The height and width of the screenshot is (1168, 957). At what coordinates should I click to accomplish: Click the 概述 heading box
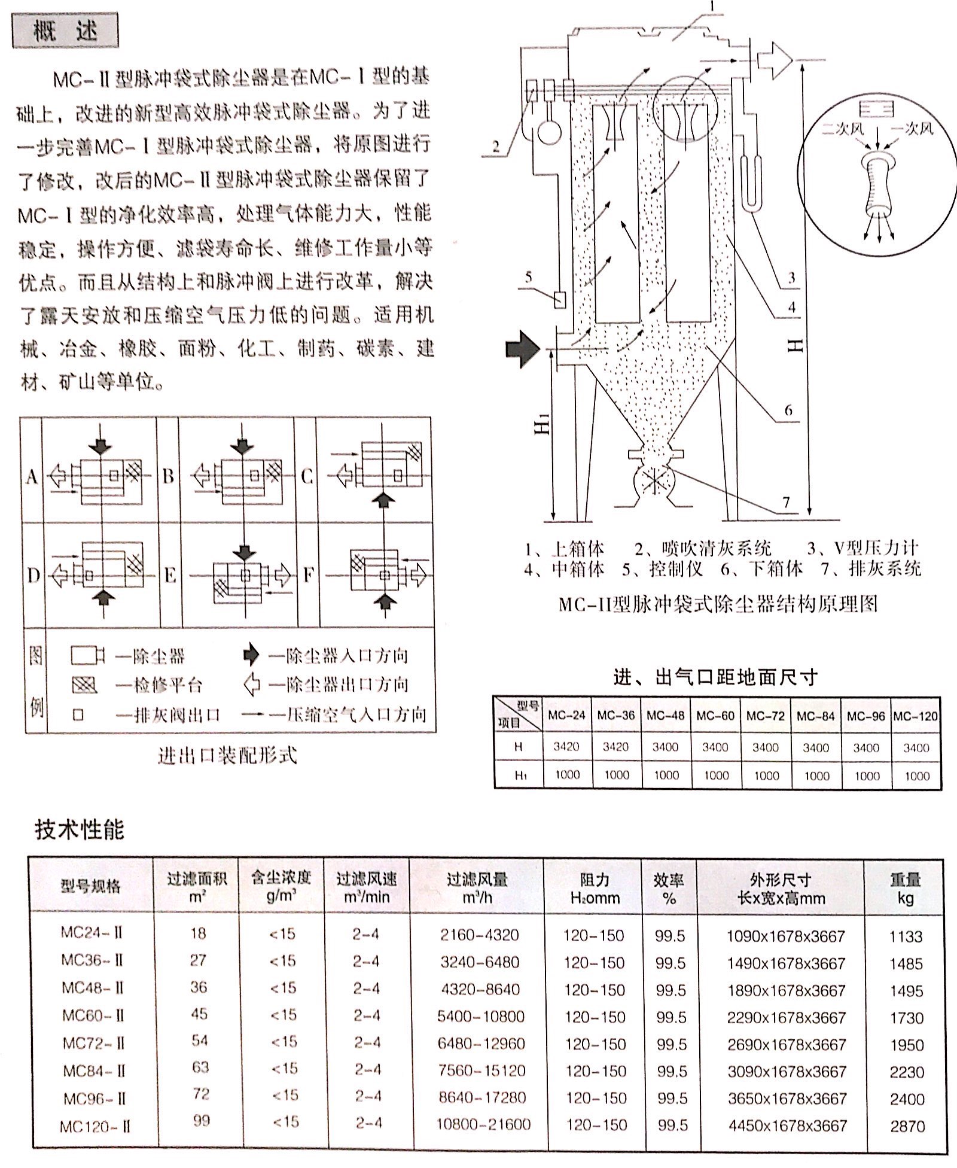point(65,31)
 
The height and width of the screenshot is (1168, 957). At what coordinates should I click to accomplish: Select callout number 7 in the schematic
point(786,502)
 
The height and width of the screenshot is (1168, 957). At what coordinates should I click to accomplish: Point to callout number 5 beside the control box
point(528,277)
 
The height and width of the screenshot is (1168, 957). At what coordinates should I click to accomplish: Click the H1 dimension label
point(542,426)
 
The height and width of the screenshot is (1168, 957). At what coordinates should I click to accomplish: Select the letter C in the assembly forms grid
point(307,476)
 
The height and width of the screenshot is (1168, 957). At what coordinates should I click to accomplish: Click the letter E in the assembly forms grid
point(170,576)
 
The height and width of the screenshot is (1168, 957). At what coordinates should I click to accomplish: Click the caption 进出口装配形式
point(227,756)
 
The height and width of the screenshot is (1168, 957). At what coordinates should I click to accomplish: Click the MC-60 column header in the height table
point(715,716)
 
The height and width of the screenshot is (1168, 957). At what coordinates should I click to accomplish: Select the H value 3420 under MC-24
point(566,747)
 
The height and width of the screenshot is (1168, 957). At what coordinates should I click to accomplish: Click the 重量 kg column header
point(904,888)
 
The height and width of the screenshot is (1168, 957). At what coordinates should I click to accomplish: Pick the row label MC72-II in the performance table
point(93,1044)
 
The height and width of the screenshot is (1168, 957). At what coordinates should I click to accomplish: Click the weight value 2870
point(907,1126)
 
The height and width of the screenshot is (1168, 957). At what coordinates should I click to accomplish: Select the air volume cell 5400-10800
point(480,1016)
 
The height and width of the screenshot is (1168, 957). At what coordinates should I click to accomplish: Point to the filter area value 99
point(202,1120)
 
